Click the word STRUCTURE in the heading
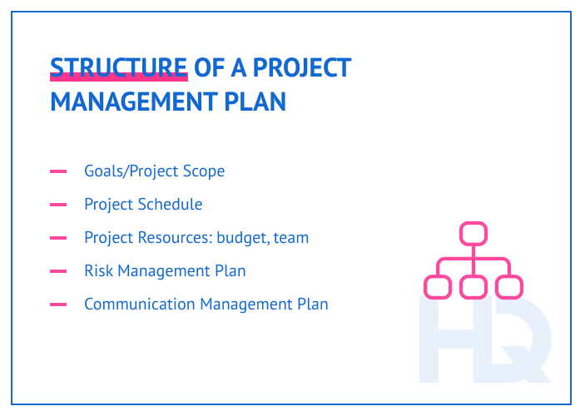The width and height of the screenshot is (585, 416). coord(118,67)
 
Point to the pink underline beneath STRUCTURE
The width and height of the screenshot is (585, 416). coord(118,78)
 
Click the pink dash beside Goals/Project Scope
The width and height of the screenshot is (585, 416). coord(58,172)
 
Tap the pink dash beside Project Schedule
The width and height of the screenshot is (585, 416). coord(58,205)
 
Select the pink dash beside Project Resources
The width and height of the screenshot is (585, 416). coord(58,238)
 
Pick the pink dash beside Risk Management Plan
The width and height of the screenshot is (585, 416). coord(58,271)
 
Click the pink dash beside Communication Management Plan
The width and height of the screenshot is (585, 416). coord(58,305)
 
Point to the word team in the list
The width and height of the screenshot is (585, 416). coord(292,238)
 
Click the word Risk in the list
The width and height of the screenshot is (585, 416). coord(98,271)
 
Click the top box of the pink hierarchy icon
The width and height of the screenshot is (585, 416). coord(473,233)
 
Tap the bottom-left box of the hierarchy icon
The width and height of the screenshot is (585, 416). coord(437,287)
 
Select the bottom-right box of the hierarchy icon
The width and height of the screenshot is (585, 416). coord(508,287)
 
